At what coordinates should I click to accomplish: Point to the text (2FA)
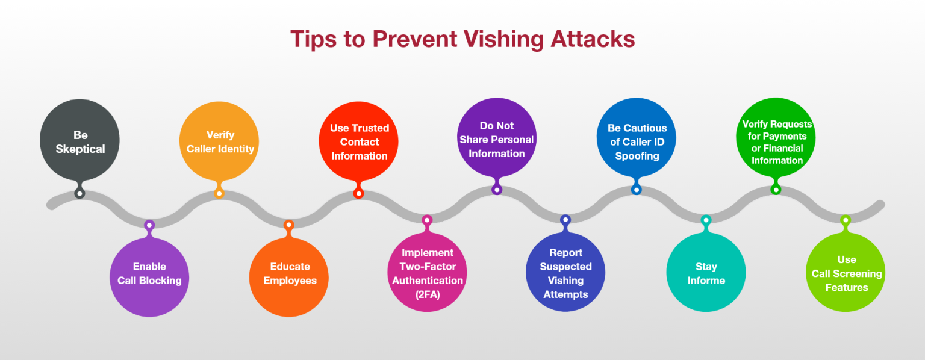(428, 294)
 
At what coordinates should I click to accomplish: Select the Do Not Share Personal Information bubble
(497, 138)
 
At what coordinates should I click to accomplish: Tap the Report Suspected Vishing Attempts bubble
(565, 273)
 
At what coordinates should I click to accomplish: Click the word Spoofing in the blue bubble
(637, 156)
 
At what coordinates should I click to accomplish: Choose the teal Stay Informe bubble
(706, 273)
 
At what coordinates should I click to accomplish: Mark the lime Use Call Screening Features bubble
(846, 273)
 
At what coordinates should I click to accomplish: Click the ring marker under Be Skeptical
(79, 193)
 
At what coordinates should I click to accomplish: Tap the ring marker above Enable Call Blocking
(149, 225)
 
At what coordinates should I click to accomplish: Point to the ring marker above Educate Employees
(289, 225)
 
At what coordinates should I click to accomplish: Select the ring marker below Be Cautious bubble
(637, 190)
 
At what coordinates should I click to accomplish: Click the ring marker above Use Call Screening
(846, 220)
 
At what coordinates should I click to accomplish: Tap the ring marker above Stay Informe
(706, 220)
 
